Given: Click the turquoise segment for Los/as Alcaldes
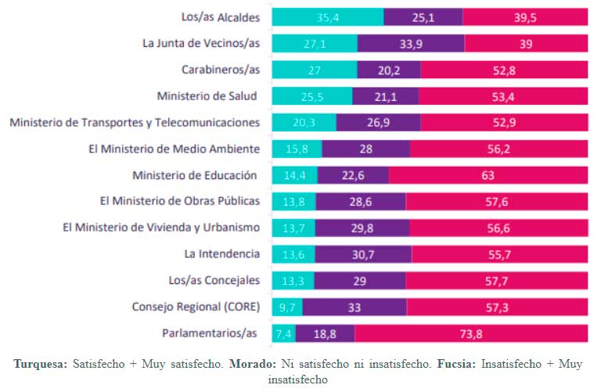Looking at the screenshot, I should (327, 18).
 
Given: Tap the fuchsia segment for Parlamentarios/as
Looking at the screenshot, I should (471, 334).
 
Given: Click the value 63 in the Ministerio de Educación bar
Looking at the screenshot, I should (490, 175).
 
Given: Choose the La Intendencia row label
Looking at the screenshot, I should (221, 254).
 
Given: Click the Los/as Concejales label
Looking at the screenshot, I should (214, 280).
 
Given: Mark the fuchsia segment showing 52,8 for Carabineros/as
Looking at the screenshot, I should (504, 70).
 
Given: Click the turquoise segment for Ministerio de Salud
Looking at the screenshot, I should (311, 96).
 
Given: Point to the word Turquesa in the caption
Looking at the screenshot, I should (41, 365).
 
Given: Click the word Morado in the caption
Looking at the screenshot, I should (254, 365).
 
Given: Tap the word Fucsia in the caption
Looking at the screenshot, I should (453, 365).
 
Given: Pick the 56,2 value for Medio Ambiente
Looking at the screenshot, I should (499, 149).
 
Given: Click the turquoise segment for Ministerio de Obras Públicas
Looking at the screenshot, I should (293, 202).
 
